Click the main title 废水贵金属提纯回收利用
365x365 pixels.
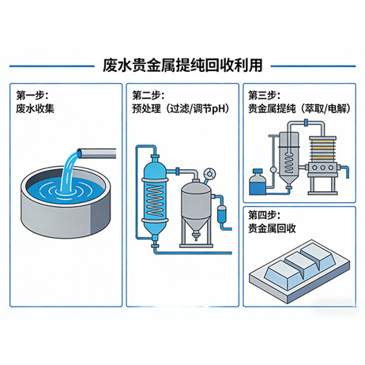182,64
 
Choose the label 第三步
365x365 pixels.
265,96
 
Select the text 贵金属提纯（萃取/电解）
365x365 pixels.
299,109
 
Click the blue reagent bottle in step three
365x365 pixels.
257,185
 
